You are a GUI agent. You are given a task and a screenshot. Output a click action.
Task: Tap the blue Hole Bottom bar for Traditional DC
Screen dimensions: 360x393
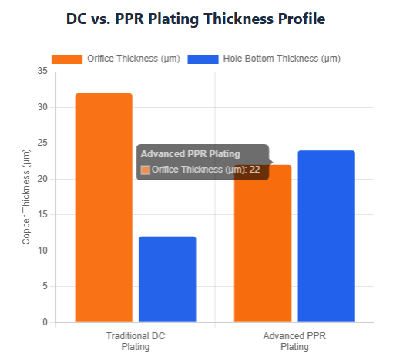tap(167, 279)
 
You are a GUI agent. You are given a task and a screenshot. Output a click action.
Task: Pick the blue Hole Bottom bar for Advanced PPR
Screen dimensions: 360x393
tap(326, 236)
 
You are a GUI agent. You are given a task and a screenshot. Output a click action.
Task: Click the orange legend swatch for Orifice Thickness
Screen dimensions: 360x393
tap(66, 59)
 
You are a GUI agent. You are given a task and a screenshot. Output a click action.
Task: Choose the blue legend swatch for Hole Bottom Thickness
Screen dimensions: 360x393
tap(203, 59)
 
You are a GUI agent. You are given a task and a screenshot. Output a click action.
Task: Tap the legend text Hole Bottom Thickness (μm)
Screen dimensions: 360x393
tap(281, 59)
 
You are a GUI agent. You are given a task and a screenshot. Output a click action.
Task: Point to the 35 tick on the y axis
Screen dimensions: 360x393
tap(42, 72)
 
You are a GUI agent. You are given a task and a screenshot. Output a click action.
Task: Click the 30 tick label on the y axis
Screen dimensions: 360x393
tap(42, 107)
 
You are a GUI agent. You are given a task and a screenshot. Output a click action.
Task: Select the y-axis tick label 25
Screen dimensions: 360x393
tap(42, 143)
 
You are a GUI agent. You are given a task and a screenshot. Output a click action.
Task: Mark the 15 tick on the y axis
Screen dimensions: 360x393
tap(42, 215)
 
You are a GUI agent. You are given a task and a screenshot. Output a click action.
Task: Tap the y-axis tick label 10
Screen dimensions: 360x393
tap(42, 251)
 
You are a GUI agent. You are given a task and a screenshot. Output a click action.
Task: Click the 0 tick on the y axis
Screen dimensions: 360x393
tap(45, 322)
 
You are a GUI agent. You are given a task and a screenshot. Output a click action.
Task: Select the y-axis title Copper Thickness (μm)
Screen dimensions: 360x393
tap(26, 197)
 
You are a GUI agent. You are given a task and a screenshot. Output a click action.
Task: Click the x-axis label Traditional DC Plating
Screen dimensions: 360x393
tap(135, 341)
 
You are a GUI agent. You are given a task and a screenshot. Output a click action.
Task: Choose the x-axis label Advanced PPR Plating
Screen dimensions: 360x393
tap(294, 341)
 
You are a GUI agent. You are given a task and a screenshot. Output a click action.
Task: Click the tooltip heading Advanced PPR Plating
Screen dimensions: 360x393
tap(190, 154)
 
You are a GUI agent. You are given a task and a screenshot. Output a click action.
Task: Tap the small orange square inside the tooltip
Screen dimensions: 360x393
tap(146, 170)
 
